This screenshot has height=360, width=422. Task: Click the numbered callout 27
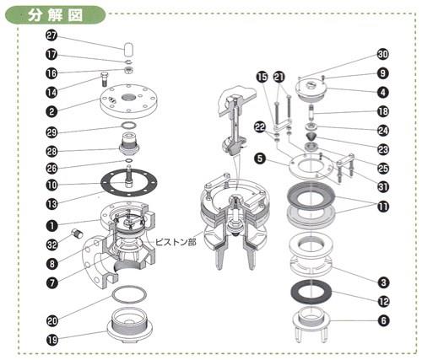51,36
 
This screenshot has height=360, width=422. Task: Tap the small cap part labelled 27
128,49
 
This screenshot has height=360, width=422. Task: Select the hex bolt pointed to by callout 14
104,79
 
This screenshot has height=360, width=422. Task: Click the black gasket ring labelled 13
129,182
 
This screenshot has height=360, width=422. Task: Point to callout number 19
51,340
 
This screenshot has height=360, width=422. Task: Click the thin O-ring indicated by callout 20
129,294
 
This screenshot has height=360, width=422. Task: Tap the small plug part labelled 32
77,234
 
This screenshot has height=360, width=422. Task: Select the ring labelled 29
130,125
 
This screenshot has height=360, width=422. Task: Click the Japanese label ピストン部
176,242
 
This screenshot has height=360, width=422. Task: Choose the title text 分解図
55,15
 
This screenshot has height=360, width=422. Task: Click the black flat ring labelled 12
311,292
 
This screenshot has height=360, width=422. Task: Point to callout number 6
384,320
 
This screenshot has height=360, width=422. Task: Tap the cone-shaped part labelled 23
311,137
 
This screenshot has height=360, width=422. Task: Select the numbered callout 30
382,54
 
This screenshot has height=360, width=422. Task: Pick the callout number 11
383,207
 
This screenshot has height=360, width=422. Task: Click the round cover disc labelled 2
129,101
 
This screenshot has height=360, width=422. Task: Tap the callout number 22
260,127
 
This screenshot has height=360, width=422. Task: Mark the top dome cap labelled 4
311,90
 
